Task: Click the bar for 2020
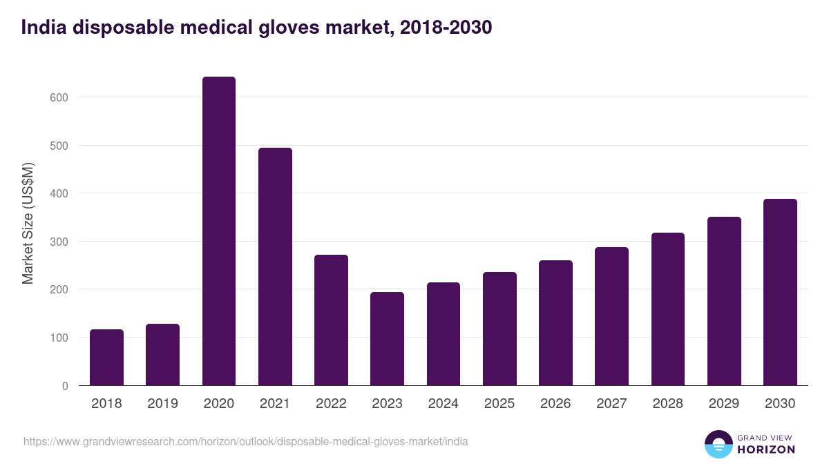[x=219, y=231]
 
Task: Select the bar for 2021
[x=275, y=266]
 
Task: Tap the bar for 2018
[x=106, y=358]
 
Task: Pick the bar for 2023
[x=387, y=339]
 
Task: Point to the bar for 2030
[x=780, y=292]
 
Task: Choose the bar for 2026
[x=555, y=323]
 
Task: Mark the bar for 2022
[x=331, y=320]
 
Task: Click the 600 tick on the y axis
[x=59, y=97]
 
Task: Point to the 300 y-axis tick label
[x=59, y=242]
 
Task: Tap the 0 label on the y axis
[x=65, y=386]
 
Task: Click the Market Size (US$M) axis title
[x=28, y=223]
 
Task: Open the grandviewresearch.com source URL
[x=245, y=441]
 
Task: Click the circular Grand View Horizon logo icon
[x=718, y=444]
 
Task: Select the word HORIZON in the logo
[x=766, y=449]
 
